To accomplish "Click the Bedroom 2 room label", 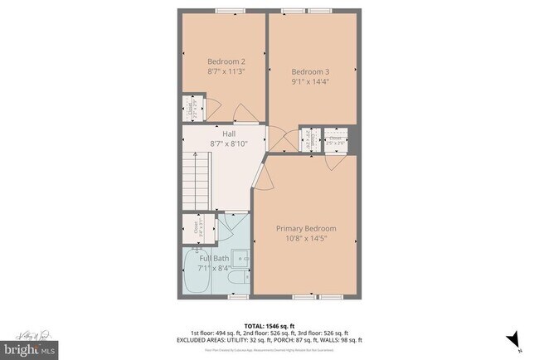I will (x=226, y=61).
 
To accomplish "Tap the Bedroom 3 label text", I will (x=310, y=70).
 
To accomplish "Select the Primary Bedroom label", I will (x=306, y=228).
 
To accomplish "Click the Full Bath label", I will (x=213, y=258).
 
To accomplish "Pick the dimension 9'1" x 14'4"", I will (x=310, y=81).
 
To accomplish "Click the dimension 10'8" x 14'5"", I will (x=306, y=239).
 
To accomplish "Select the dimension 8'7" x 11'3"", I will (x=226, y=72).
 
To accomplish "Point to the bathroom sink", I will (x=240, y=258).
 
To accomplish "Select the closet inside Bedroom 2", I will (x=192, y=108).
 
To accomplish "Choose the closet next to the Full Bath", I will (x=197, y=227).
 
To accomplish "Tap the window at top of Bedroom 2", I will (x=225, y=11).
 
